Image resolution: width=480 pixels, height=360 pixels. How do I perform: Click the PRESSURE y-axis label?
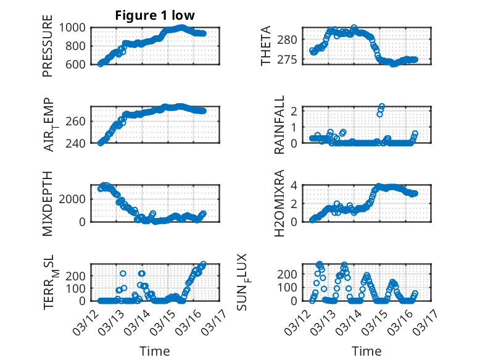coord(48,46)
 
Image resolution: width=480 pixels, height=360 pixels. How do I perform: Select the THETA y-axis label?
coord(266,46)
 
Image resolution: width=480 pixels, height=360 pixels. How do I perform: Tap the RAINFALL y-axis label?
coord(279,125)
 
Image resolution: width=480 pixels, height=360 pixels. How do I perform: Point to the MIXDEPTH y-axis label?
coord(48,203)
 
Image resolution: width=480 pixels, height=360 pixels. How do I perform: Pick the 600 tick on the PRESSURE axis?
coord(78,64)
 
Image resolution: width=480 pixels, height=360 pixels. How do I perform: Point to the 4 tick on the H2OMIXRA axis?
coord(295,185)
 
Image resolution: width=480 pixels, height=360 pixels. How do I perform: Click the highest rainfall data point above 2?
coord(382,107)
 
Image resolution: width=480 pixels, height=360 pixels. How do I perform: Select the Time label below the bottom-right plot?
coord(367,351)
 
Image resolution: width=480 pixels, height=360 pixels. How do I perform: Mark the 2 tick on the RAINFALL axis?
coord(295,111)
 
